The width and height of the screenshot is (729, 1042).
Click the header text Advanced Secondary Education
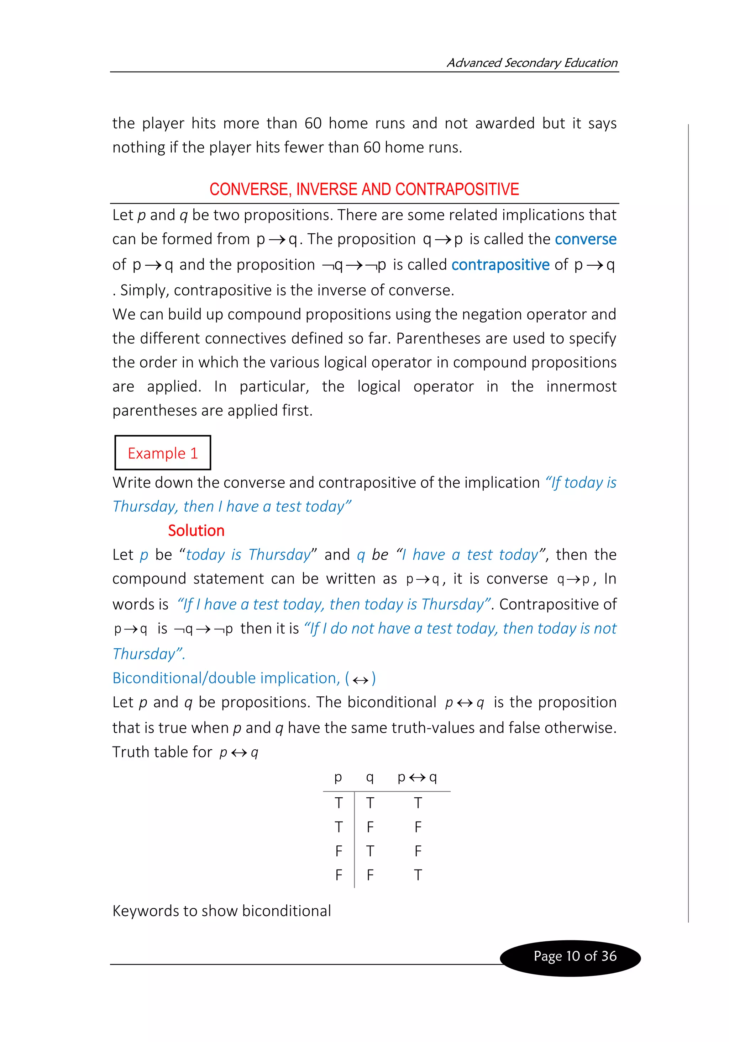[532, 63]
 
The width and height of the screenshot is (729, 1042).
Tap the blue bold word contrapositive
[500, 265]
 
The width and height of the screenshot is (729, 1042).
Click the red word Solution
[196, 531]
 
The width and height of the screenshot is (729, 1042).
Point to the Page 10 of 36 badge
[575, 956]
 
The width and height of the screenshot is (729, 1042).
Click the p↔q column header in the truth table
[417, 777]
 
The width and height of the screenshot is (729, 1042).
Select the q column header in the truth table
[370, 777]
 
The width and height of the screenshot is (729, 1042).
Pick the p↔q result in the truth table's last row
[418, 874]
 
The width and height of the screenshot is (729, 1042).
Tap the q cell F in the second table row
[370, 827]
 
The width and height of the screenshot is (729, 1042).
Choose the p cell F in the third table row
[339, 851]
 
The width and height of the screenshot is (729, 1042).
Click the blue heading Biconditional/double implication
[226, 678]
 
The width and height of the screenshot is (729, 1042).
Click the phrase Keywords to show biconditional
[222, 911]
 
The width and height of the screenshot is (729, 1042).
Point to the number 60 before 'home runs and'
[313, 123]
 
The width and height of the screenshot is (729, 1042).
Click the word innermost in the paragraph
[581, 386]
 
